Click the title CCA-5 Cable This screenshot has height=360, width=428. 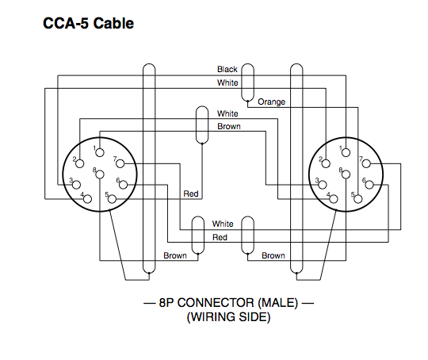(88, 23)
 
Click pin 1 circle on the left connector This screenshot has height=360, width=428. (100, 152)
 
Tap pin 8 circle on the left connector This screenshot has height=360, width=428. (100, 174)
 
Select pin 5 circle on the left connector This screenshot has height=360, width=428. (112, 199)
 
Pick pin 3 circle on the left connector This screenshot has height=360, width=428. (76, 185)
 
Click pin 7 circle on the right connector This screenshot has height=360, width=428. (366, 163)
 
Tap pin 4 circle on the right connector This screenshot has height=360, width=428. (334, 199)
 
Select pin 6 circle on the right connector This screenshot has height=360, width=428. (369, 185)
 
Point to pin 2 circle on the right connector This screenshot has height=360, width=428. (326, 163)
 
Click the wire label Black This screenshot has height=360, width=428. (227, 69)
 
